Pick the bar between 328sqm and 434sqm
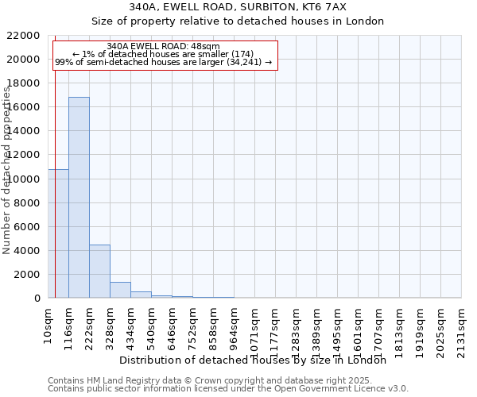120,290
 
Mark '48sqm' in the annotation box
205,47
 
